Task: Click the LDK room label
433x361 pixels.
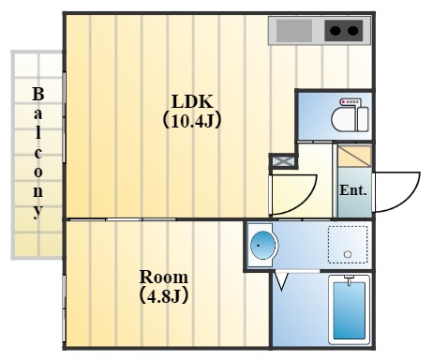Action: pyautogui.click(x=192, y=101)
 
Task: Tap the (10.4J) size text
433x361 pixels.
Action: pyautogui.click(x=192, y=120)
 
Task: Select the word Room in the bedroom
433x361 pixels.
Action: pyautogui.click(x=163, y=278)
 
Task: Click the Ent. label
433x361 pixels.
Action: pyautogui.click(x=352, y=190)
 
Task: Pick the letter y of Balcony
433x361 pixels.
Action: pyautogui.click(x=37, y=211)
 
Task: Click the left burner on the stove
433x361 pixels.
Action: pyautogui.click(x=334, y=32)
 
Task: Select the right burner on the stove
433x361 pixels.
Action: pyautogui.click(x=353, y=32)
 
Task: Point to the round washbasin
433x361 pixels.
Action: pyautogui.click(x=264, y=247)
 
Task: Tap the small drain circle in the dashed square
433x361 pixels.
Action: pyautogui.click(x=348, y=254)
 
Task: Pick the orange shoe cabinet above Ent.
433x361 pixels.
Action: pyautogui.click(x=354, y=157)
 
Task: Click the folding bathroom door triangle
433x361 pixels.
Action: pyautogui.click(x=281, y=280)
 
